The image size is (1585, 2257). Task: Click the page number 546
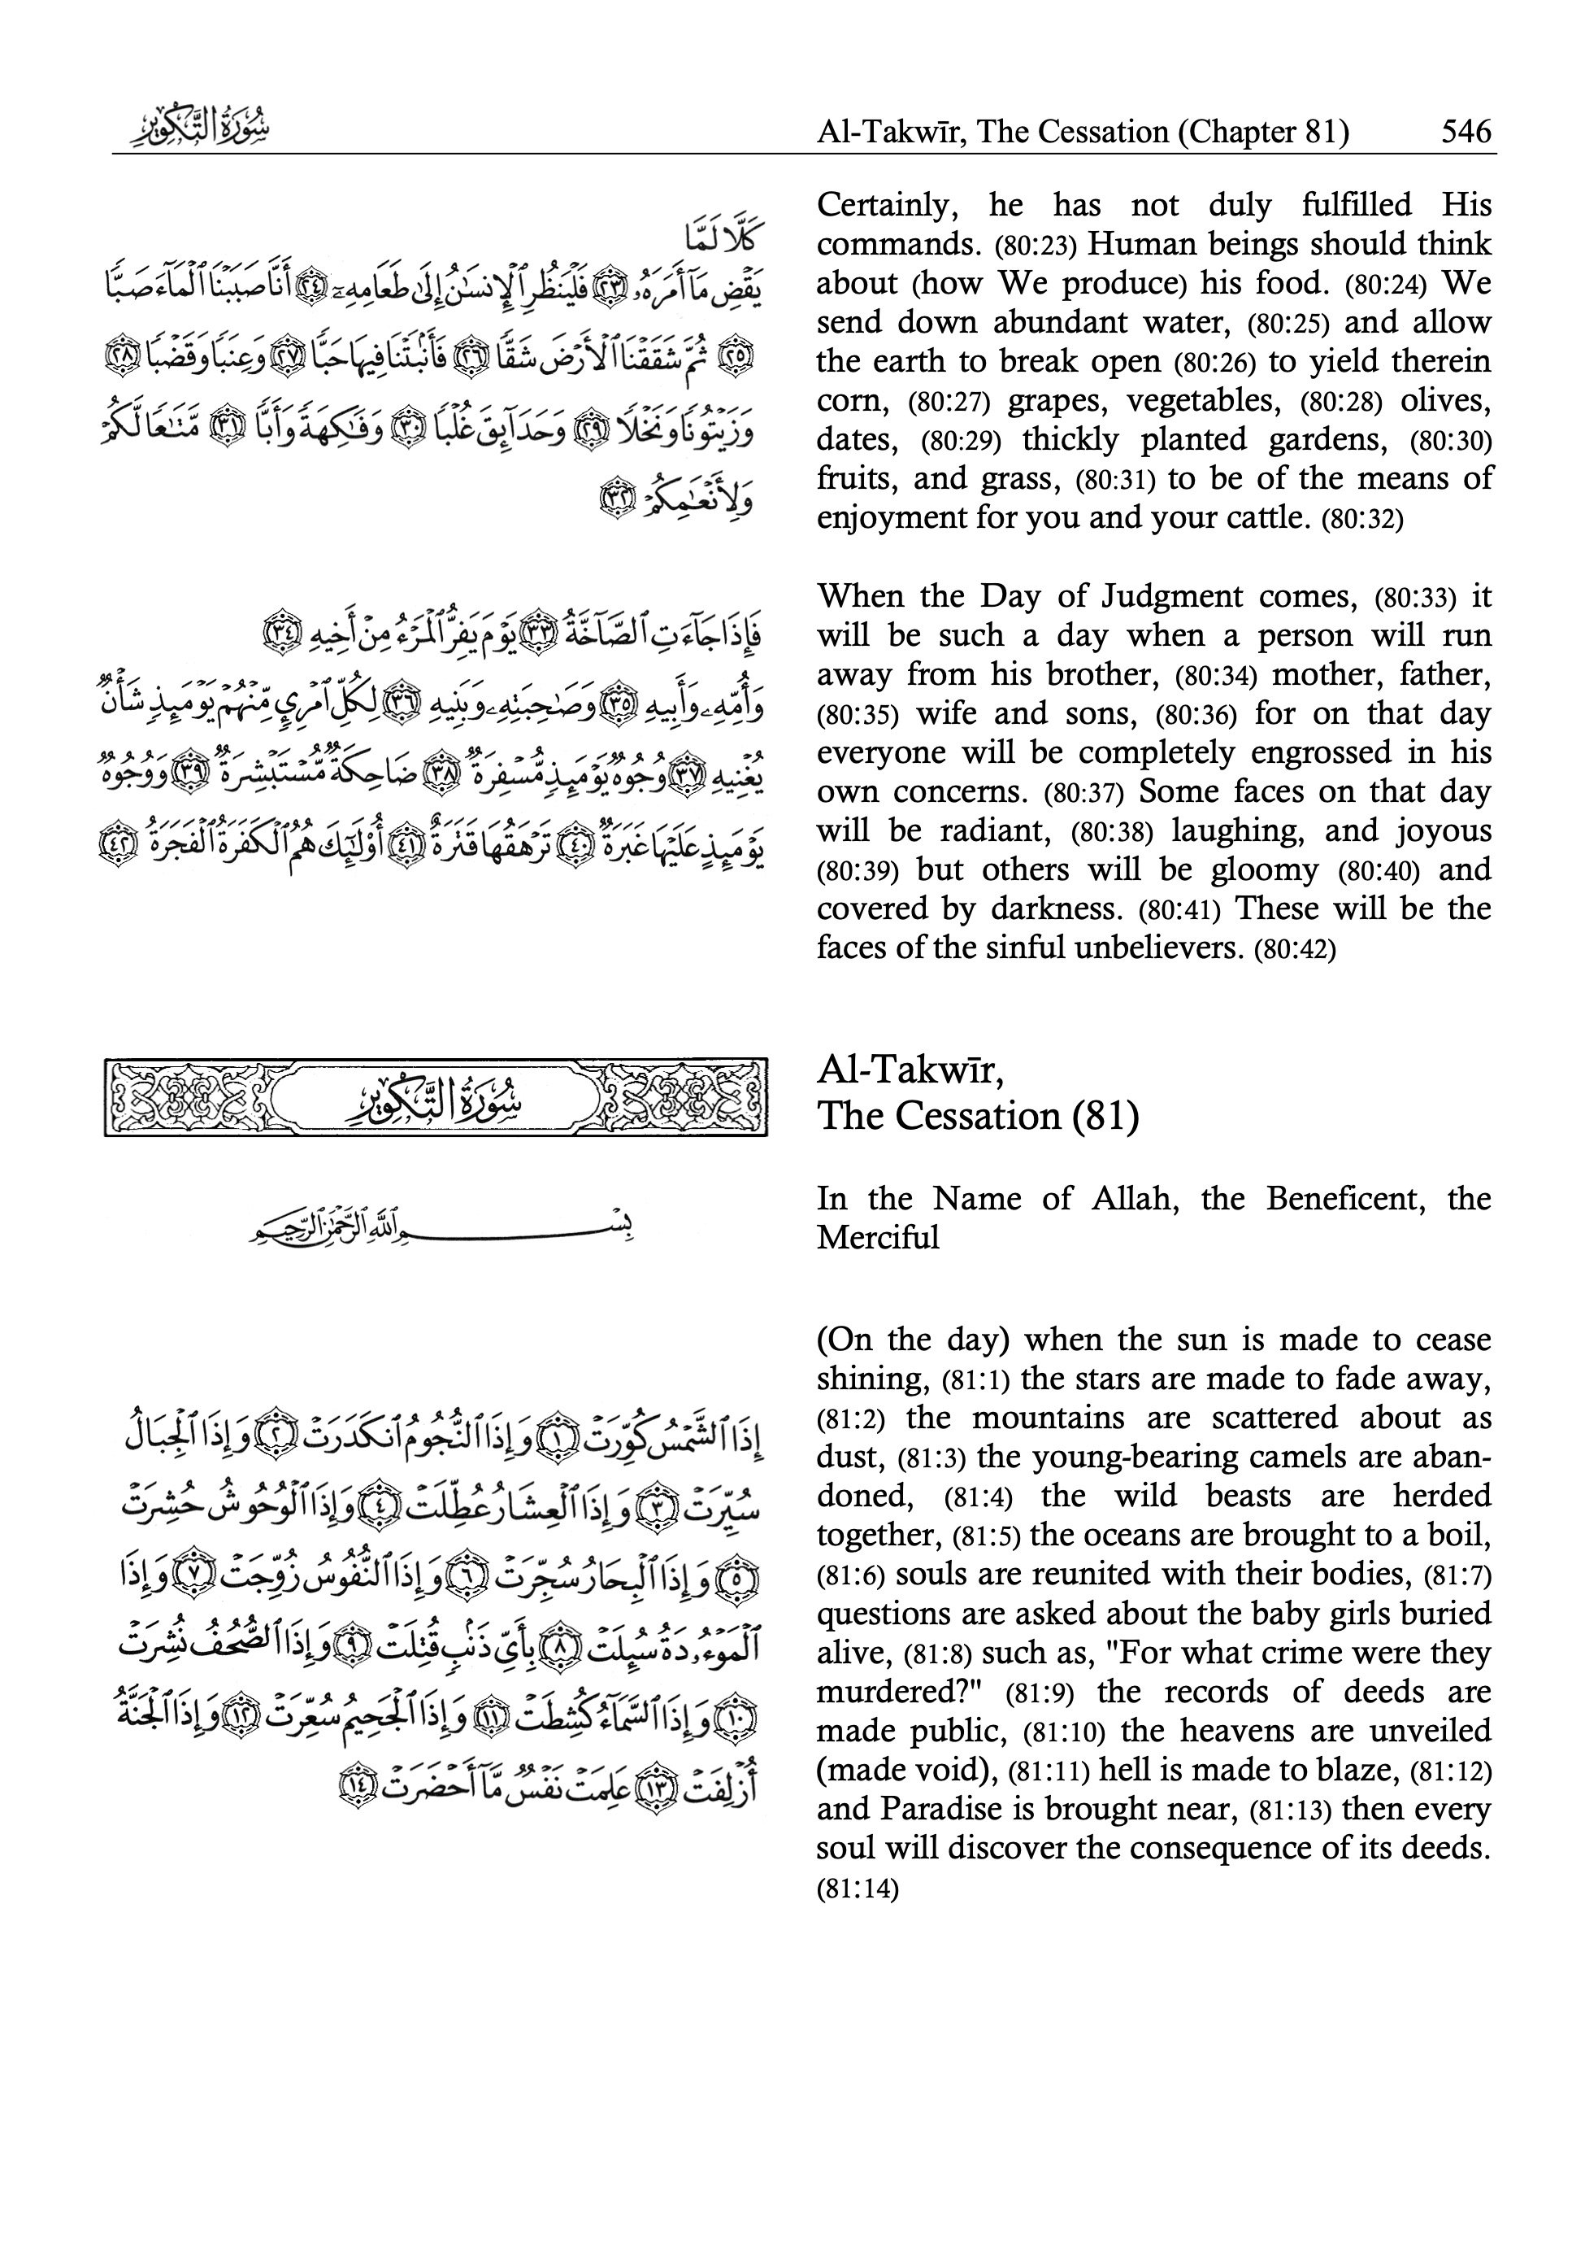(1466, 131)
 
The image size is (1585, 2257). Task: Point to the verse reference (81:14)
(857, 1889)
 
